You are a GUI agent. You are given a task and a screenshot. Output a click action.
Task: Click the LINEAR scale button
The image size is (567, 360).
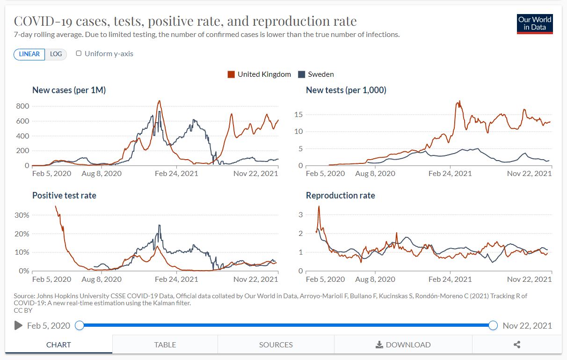pos(29,54)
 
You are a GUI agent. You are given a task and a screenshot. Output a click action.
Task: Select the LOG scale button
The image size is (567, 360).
pos(56,54)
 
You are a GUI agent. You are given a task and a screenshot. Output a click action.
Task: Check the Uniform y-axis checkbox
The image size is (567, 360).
pos(79,53)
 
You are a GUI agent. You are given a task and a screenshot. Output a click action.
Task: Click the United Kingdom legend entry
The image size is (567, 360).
pos(259,74)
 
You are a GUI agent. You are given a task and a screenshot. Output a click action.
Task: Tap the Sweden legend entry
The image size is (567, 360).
pos(316,74)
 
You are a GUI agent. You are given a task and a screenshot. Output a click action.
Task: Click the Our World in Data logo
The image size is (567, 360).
pos(535,23)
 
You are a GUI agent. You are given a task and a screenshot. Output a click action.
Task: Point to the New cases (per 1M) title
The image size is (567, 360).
pos(69,90)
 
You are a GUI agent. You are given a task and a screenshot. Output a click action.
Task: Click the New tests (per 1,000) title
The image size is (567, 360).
pos(346,90)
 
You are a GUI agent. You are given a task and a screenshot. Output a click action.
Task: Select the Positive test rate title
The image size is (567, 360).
pos(64,196)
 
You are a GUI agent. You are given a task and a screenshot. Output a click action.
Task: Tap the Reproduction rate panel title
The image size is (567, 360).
pos(340,196)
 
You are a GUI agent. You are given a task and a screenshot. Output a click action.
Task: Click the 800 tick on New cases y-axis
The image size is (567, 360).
pos(23,106)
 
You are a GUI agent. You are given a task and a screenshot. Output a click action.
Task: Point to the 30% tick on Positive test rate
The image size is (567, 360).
pos(22,215)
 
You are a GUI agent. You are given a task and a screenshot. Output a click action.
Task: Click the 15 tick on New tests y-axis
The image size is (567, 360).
pos(297,114)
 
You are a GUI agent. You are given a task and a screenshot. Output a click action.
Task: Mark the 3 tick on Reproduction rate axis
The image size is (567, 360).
pos(300,215)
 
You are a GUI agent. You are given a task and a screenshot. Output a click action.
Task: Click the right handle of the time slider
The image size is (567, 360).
pos(493,325)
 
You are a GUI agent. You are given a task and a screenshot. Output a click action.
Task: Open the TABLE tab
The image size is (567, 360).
pos(165,345)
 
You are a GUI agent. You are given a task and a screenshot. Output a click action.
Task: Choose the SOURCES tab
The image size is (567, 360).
pos(276,345)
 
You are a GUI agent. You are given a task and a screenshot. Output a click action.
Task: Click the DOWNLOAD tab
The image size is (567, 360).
pos(403,345)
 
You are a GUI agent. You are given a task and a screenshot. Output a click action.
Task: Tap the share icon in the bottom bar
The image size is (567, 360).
pos(517,345)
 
